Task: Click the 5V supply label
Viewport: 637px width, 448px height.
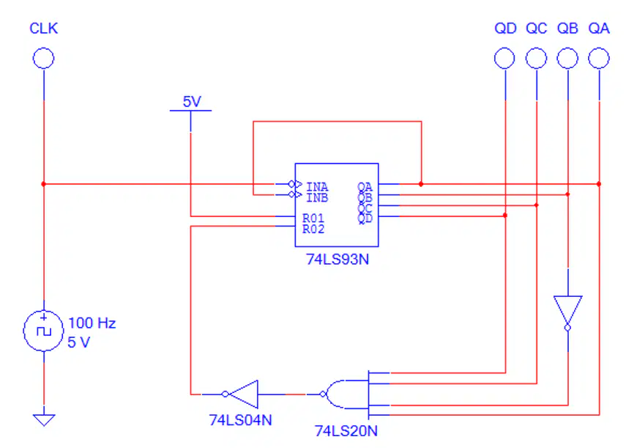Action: (192, 101)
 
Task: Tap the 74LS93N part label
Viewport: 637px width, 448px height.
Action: (338, 260)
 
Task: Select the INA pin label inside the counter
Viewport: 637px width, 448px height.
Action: (317, 187)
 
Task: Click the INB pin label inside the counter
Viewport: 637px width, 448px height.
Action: (317, 198)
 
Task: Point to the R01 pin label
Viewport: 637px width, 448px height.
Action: (313, 219)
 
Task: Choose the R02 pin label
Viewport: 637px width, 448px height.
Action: (313, 229)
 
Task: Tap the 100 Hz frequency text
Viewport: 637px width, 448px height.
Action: (92, 323)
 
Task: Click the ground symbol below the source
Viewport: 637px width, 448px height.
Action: (44, 419)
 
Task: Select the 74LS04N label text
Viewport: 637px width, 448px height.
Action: (240, 420)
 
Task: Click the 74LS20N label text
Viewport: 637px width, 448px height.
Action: (346, 430)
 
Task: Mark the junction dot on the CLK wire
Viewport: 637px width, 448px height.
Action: (43, 184)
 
